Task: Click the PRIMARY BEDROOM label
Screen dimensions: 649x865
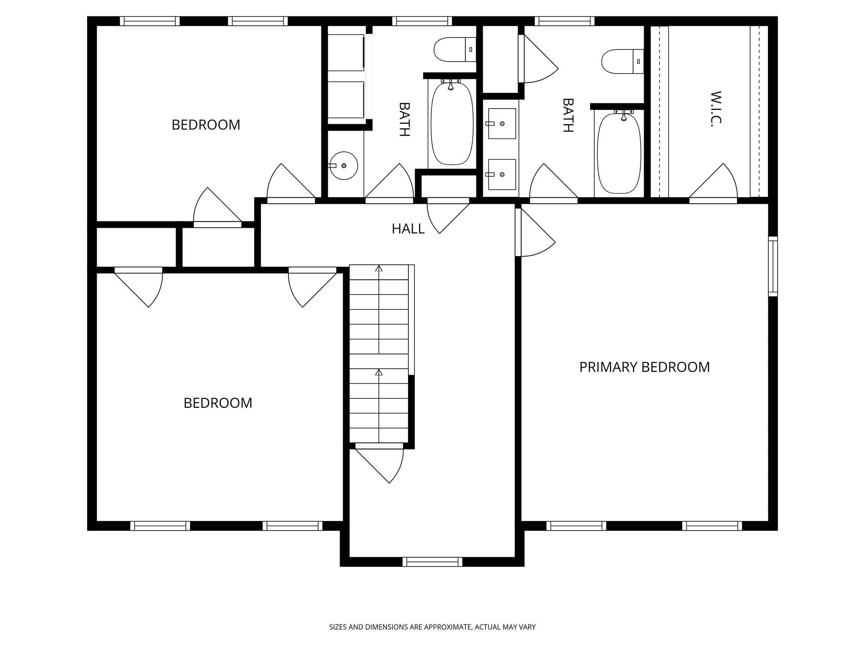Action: (644, 367)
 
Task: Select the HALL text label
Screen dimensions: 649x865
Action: (408, 229)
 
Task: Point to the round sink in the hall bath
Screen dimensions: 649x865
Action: (344, 166)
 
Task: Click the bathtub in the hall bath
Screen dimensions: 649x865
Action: (452, 124)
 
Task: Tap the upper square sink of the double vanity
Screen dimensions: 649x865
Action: (502, 123)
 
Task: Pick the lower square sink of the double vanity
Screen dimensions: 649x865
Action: (502, 174)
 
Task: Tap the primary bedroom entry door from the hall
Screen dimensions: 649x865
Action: (534, 232)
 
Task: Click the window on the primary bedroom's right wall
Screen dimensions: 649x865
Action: (773, 266)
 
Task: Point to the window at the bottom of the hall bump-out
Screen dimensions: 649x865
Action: (432, 562)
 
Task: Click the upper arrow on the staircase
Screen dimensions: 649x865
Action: (379, 268)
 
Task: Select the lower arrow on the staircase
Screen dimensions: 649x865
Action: (379, 372)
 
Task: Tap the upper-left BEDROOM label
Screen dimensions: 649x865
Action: (206, 125)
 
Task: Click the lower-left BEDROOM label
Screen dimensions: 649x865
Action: (218, 403)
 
